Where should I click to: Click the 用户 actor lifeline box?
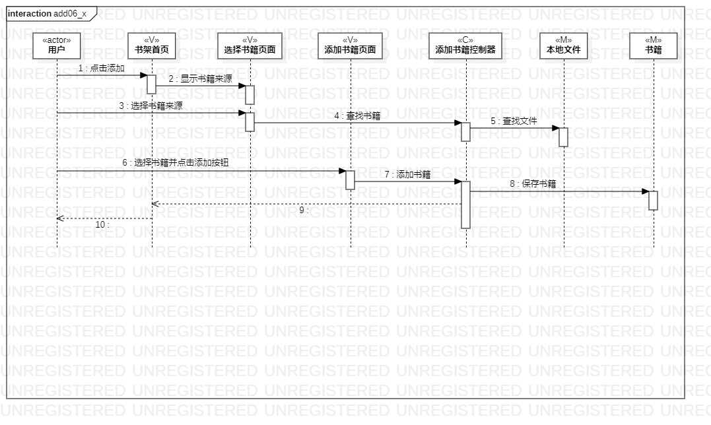tap(57, 45)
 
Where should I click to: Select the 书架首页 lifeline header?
tap(151, 45)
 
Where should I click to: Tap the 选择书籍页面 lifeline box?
tap(250, 45)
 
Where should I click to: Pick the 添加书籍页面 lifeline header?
tap(350, 45)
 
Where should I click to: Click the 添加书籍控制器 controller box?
tap(465, 45)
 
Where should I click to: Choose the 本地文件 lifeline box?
tap(563, 45)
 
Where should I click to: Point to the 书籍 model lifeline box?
tap(653, 45)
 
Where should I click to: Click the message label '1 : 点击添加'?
tap(101, 68)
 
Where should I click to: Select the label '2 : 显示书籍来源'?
tap(200, 79)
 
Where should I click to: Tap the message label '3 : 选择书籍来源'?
tap(151, 106)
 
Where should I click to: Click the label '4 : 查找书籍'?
tap(357, 115)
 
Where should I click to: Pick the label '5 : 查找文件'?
tap(514, 121)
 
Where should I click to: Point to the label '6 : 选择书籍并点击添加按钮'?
tap(176, 163)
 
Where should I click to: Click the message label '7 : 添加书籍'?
tap(407, 174)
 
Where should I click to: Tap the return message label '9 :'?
tap(304, 210)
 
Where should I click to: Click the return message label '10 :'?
tap(102, 224)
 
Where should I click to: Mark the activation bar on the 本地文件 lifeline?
tap(563, 137)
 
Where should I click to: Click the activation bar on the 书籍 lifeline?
tap(653, 200)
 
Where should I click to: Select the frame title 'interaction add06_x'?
tap(48, 14)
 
